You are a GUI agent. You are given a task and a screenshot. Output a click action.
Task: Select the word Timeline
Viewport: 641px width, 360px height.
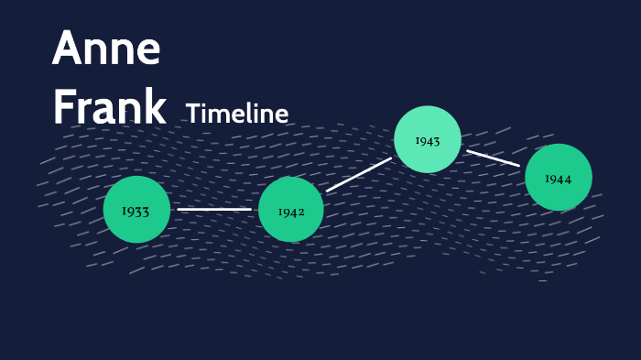tap(237, 114)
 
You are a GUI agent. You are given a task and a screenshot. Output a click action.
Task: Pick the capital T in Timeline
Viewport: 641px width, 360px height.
tap(192, 114)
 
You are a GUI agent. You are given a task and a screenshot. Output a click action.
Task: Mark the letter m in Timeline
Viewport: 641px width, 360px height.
tap(221, 115)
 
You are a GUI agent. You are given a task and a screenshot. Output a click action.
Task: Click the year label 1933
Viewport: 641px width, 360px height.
tap(136, 212)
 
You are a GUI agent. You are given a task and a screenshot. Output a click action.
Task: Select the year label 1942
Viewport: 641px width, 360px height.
tap(291, 212)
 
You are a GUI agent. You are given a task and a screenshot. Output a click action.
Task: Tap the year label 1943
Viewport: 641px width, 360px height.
tap(428, 141)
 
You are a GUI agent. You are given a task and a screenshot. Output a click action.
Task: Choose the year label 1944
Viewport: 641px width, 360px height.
tap(559, 179)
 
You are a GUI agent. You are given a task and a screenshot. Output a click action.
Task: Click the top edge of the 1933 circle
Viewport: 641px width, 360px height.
tap(136, 177)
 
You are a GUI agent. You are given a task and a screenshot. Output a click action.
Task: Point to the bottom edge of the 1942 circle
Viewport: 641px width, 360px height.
tap(291, 242)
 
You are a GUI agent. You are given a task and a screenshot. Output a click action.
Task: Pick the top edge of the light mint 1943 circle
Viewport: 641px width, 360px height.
tap(428, 106)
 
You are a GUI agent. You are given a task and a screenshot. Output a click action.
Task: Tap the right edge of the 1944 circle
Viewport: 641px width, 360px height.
tap(592, 178)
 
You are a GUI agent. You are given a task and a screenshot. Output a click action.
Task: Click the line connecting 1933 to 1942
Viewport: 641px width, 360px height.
tap(214, 209)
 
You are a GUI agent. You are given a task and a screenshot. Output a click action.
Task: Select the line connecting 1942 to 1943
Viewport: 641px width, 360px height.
tap(358, 174)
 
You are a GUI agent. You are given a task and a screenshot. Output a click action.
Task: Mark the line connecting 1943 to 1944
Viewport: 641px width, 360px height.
tap(493, 158)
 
